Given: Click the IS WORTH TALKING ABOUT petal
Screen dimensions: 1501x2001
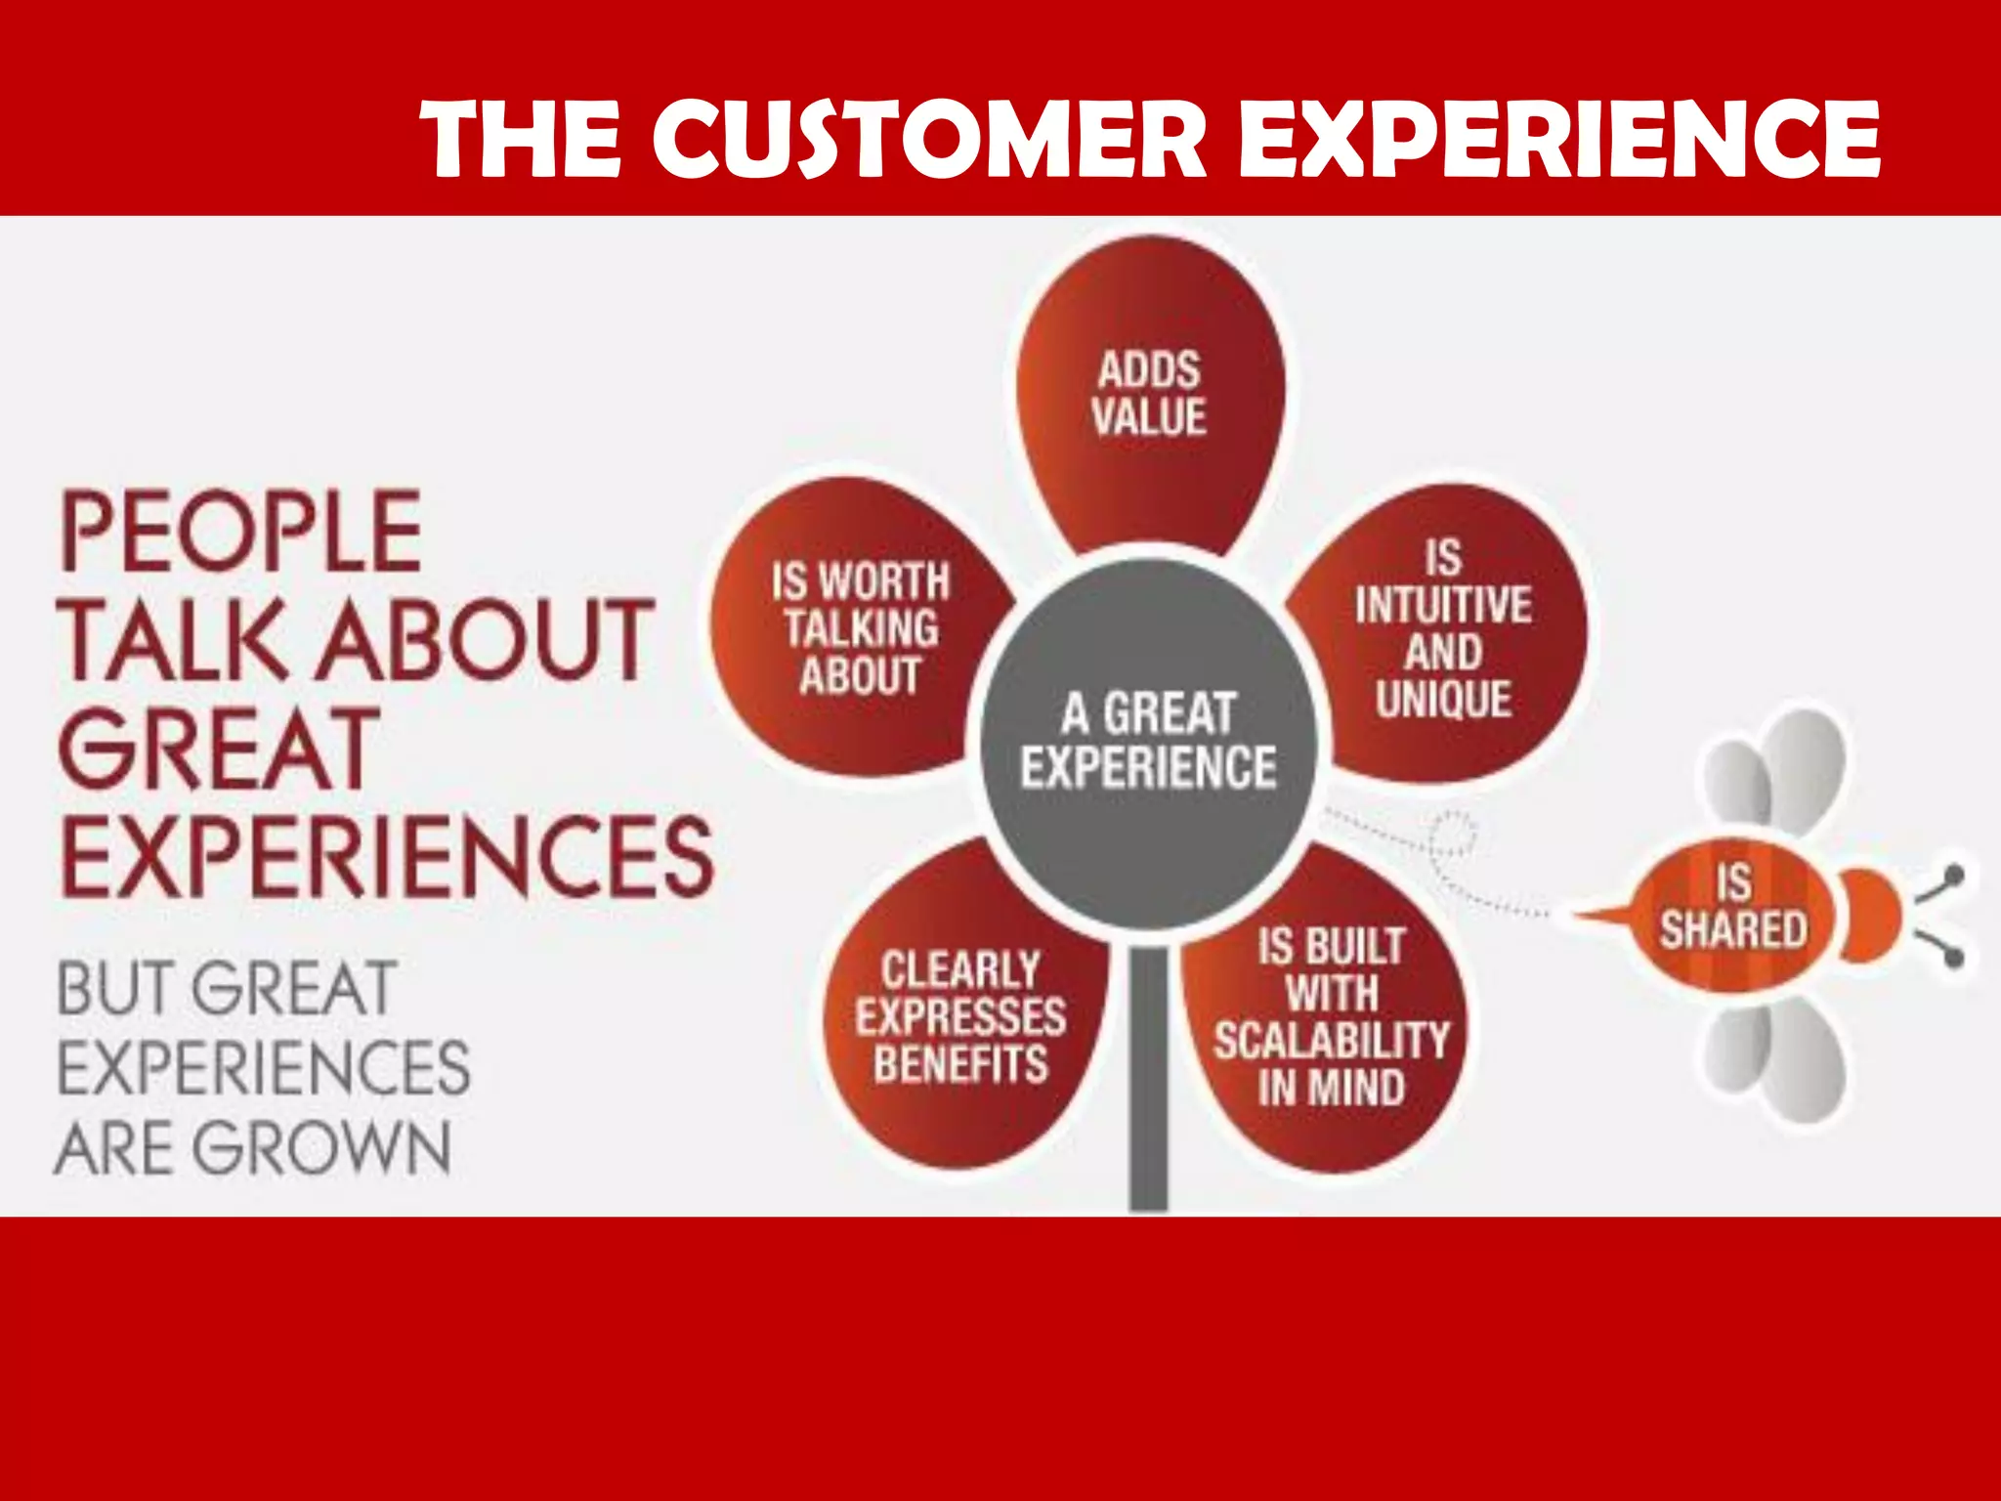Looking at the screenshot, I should tap(860, 628).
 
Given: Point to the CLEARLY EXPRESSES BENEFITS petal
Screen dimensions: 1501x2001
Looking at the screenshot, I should tap(961, 1016).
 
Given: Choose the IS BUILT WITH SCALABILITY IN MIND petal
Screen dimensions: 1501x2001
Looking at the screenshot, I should tap(1331, 1016).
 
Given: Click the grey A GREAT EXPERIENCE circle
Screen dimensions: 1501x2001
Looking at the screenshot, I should tap(1149, 740).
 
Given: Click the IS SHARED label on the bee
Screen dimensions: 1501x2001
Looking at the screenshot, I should tap(1732, 909).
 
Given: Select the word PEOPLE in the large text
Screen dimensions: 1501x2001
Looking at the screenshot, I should tap(241, 532).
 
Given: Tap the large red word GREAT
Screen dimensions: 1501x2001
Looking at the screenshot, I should tap(218, 748).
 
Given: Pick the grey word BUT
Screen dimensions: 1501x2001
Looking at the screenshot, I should tap(115, 989).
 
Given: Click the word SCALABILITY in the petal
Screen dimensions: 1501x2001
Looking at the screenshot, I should tap(1332, 1040).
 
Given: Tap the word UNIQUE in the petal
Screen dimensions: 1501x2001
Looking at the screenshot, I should tap(1443, 699).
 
